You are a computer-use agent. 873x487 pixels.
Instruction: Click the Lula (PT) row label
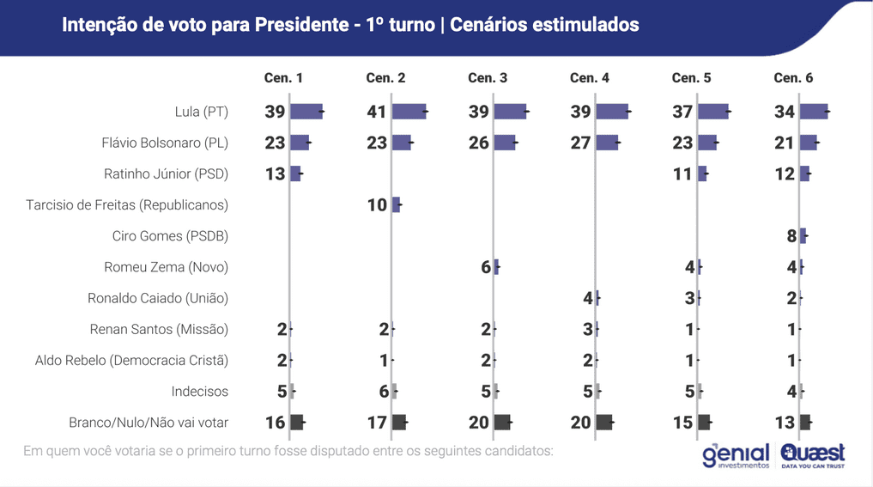point(202,112)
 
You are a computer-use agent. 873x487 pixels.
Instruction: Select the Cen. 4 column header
point(589,77)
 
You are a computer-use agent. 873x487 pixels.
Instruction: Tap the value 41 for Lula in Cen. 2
point(377,112)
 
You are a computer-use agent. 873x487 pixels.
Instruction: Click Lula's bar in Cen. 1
point(306,112)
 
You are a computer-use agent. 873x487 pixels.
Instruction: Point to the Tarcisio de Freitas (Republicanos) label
point(127,205)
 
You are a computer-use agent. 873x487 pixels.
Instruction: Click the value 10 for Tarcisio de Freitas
point(377,205)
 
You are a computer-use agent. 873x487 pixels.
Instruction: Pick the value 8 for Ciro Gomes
point(791,236)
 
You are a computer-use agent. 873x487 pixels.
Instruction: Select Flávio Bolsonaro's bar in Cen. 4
point(607,143)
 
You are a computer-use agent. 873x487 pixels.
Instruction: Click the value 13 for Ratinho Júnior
point(275,174)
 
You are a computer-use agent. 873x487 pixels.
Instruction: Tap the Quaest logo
point(812,455)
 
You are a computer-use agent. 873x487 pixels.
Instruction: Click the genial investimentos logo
point(736,455)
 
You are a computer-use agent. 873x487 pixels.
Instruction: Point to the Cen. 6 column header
point(793,77)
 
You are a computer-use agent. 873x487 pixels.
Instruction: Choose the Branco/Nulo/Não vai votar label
point(149,423)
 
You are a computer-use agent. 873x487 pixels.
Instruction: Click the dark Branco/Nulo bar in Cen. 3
point(502,423)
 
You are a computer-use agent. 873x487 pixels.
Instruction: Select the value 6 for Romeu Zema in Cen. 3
point(486,267)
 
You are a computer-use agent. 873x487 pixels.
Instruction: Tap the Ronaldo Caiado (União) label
point(158,298)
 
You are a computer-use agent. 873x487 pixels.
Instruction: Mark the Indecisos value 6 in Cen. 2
point(384,392)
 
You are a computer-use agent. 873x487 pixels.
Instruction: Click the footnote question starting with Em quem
point(288,451)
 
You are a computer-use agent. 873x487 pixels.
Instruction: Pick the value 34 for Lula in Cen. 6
point(785,112)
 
